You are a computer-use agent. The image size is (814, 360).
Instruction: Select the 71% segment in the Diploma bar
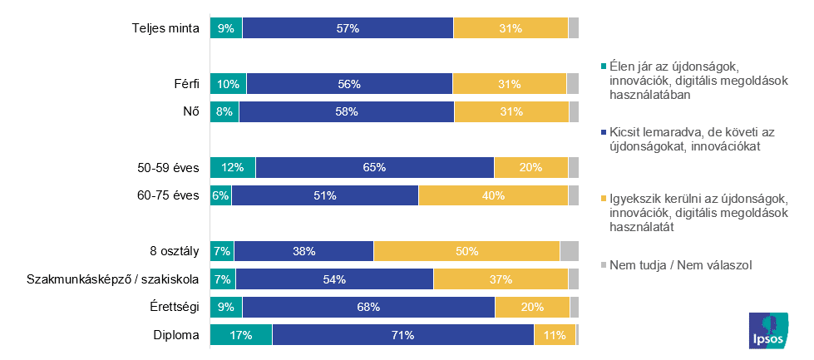(402, 335)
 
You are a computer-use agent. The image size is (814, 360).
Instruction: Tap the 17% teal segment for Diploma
(241, 335)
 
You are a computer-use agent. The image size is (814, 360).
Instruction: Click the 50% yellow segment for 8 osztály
(466, 251)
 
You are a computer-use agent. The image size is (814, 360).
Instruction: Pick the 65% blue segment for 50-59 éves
(374, 167)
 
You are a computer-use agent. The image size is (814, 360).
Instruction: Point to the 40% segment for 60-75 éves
(493, 195)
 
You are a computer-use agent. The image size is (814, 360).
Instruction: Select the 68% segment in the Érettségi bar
(368, 307)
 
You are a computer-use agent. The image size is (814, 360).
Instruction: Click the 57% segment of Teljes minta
(348, 27)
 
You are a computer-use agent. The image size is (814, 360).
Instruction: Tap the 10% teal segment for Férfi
(229, 83)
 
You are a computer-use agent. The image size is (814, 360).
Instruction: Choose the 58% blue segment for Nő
(346, 111)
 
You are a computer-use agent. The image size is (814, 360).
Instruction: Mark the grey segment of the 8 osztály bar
(569, 251)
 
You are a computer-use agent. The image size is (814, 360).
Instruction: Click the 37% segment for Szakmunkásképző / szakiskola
(501, 279)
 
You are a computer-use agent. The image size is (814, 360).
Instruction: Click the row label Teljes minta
(165, 28)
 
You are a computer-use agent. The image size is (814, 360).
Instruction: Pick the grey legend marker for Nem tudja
(603, 266)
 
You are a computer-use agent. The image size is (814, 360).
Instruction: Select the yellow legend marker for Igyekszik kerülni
(603, 199)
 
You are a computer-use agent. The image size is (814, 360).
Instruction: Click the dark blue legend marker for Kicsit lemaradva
(603, 132)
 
